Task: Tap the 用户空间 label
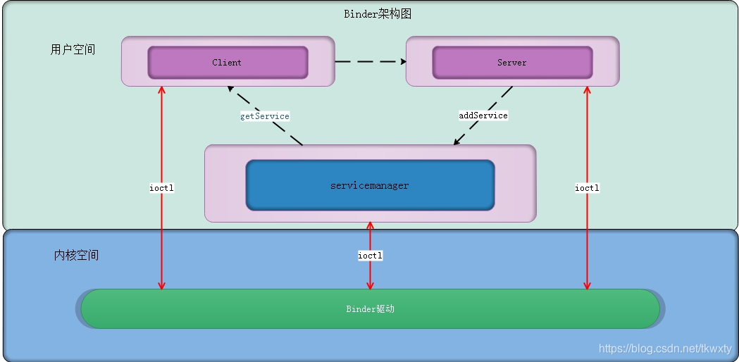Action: coord(73,50)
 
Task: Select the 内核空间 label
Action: coord(76,255)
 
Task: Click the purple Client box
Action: coord(228,63)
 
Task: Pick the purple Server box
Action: coord(512,63)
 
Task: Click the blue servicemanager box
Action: coord(370,185)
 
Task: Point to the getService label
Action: coord(264,116)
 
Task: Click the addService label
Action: coord(483,115)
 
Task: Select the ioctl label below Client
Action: coord(161,188)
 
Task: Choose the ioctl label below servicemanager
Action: coord(370,256)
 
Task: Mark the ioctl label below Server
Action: coord(587,188)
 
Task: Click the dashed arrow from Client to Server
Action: coord(369,62)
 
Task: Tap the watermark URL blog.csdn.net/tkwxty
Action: coord(665,349)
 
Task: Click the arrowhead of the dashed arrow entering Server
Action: coord(403,62)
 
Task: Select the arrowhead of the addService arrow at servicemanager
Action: coord(457,142)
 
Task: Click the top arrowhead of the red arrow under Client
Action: coord(161,91)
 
